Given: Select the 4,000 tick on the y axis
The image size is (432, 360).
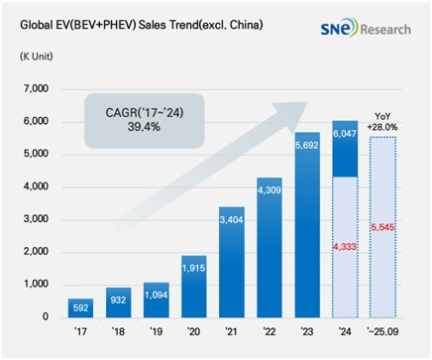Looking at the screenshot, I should pyautogui.click(x=33, y=186).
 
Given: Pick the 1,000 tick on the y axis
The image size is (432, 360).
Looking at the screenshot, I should pyautogui.click(x=33, y=285).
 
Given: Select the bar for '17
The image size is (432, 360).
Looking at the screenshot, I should pyautogui.click(x=81, y=306).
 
